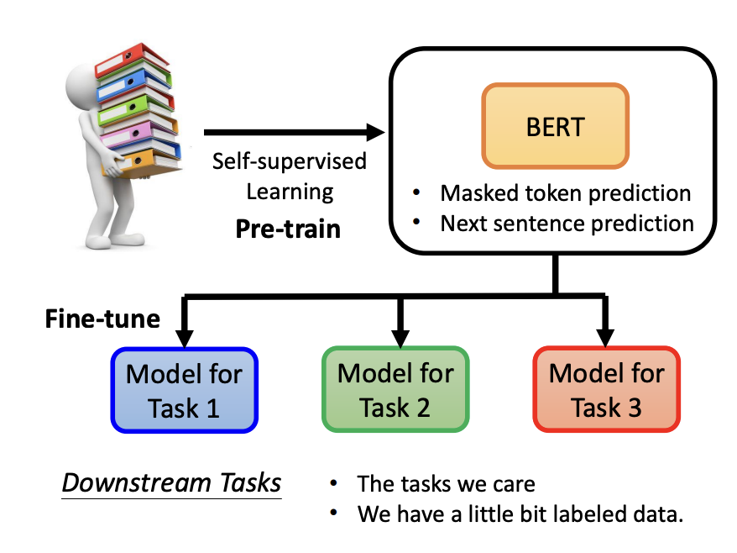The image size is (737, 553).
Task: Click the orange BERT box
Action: (554, 125)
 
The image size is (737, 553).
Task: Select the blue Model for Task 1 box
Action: (184, 391)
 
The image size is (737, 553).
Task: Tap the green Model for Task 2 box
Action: (395, 391)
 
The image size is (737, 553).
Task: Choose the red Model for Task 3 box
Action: (606, 391)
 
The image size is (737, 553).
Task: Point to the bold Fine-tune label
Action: (102, 319)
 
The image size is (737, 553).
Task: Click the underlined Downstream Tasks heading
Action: (172, 483)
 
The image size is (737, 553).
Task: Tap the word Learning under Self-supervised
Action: (290, 192)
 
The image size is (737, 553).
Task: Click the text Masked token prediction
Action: (565, 192)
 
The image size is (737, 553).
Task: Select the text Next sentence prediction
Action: (567, 224)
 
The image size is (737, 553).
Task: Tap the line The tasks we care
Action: (446, 484)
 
